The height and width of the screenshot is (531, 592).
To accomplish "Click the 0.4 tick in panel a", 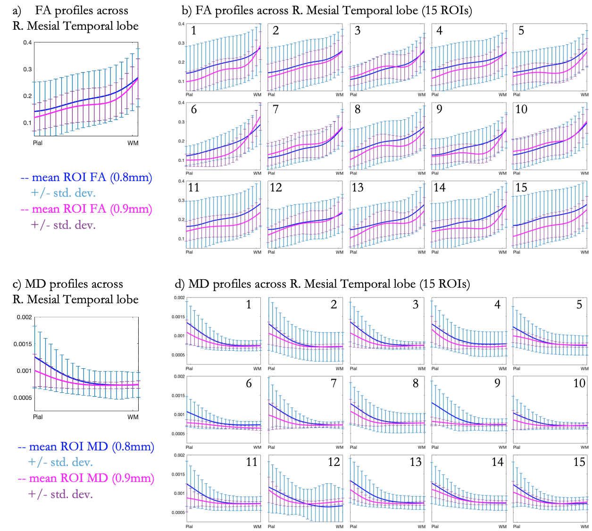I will coord(27,42).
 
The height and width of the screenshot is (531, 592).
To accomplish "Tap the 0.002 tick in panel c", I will coord(25,317).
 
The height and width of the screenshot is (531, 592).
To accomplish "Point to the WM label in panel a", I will coord(133,143).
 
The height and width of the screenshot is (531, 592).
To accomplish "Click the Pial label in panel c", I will coord(38,417).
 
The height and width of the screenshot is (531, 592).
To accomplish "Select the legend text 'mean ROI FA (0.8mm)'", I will coord(92,177).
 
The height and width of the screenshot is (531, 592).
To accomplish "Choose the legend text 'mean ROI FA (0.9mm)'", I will coord(92,209).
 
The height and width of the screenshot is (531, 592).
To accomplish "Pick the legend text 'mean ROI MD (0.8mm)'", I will coord(92,447).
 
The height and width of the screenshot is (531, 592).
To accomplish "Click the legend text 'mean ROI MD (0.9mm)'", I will coord(92,478).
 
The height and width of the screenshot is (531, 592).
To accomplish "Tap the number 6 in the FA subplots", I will coord(194,109).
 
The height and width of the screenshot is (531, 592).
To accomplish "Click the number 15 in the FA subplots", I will coord(521,188).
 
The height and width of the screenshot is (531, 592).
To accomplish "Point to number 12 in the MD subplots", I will coord(334,462).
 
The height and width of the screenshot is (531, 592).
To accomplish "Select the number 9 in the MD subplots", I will coord(497,383).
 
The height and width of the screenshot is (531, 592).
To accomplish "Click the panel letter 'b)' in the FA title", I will coord(187,10).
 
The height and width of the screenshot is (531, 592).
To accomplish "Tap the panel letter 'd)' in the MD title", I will coord(180,284).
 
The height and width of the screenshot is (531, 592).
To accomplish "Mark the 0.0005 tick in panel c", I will coord(23,398).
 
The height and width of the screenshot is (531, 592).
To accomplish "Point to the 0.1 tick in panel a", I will coord(27,123).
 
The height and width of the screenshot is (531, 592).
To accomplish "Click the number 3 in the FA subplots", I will coord(358,31).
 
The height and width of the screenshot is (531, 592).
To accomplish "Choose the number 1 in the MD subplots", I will coord(249,305).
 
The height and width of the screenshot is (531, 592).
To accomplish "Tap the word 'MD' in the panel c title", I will coord(36,284).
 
